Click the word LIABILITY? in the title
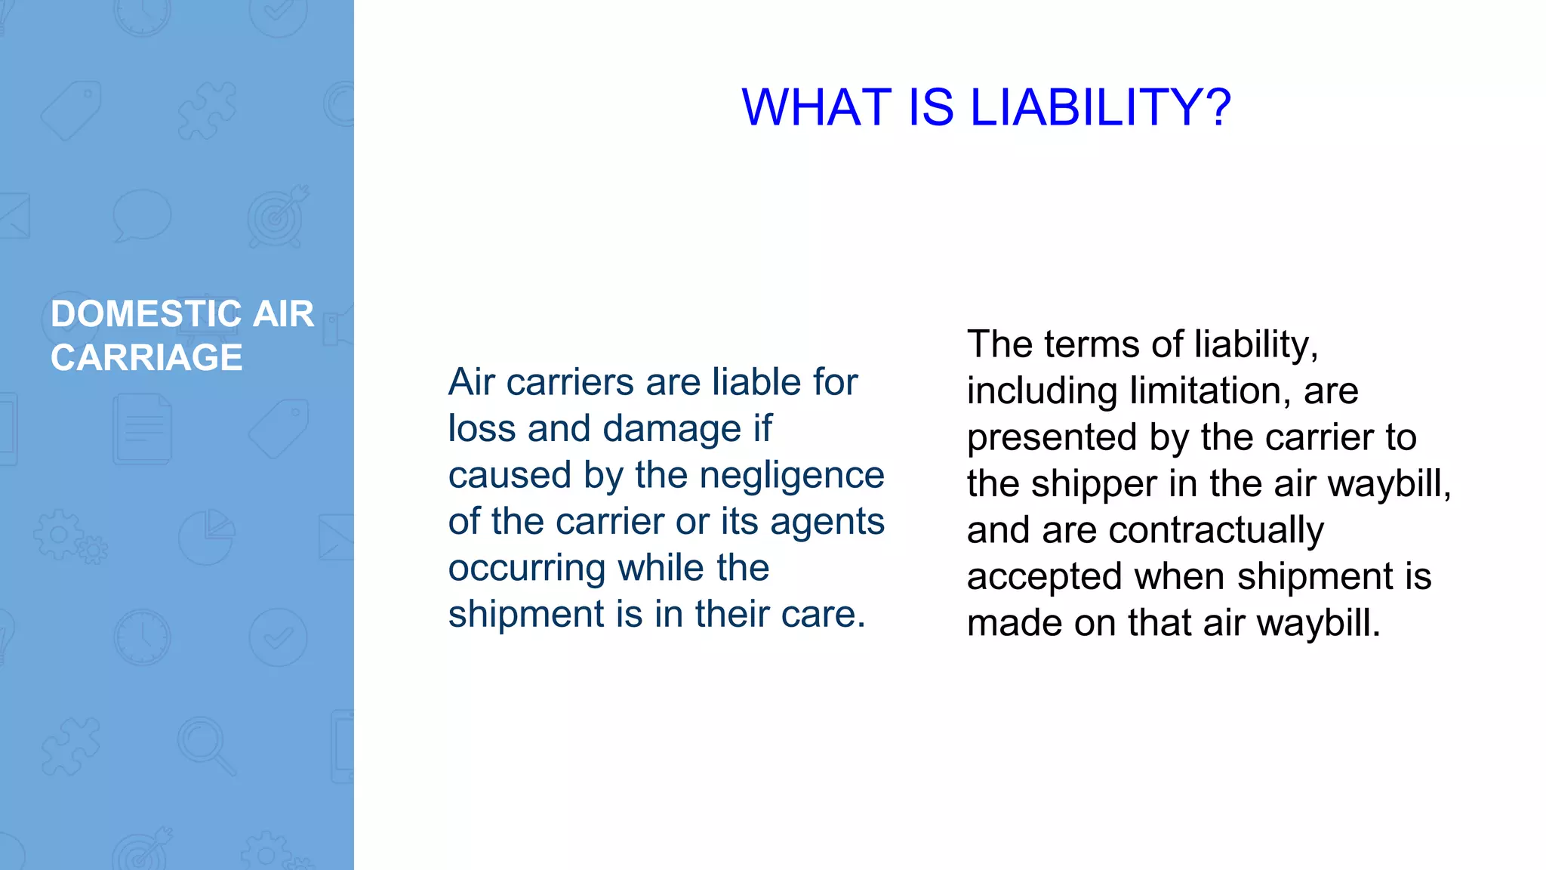point(1101,107)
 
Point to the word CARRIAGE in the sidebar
point(146,357)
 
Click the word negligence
point(792,476)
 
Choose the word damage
point(673,429)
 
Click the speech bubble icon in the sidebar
point(142,214)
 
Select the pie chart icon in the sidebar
point(207,536)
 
